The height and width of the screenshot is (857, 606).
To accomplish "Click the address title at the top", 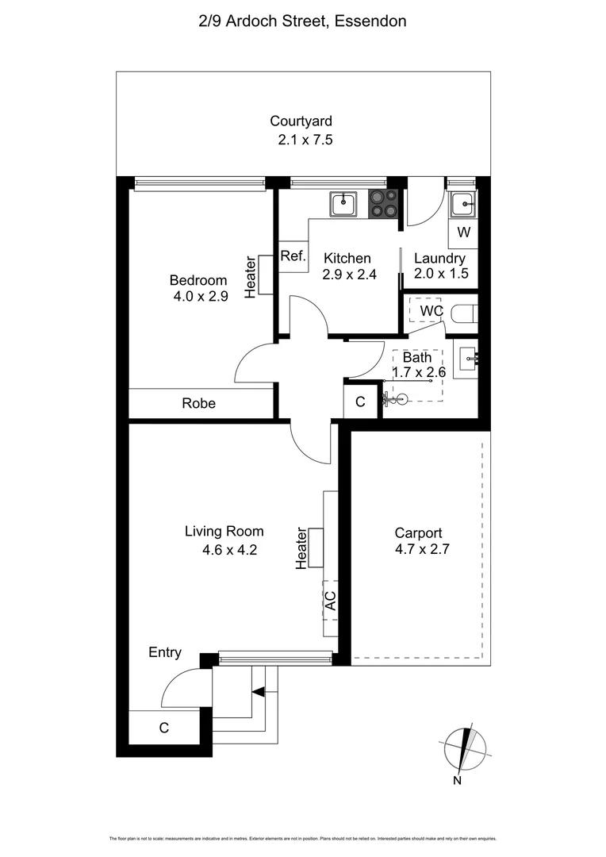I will (x=302, y=21).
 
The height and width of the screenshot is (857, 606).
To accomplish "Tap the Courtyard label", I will (x=301, y=121).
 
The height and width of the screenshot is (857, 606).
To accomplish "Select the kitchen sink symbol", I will (x=343, y=204).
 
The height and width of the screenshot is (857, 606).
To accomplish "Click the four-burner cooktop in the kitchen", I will (x=383, y=203).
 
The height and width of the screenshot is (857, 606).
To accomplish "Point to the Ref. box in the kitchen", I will (x=292, y=256).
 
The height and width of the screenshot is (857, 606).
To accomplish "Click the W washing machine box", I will (x=463, y=233).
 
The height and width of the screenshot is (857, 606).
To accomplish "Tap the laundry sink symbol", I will (x=462, y=205).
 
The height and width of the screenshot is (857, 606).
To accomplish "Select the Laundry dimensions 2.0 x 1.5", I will (x=441, y=273).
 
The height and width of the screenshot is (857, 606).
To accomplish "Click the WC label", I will (x=431, y=310).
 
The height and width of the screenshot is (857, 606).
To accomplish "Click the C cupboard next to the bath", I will (x=360, y=402).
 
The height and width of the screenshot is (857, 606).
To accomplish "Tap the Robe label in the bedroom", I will (x=198, y=403).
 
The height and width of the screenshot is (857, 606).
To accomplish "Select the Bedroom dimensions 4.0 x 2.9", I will (x=201, y=297).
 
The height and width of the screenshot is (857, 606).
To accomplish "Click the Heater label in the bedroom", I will (x=251, y=276).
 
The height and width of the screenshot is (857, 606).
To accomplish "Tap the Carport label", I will (x=418, y=533).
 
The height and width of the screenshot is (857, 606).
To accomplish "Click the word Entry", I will (x=165, y=653).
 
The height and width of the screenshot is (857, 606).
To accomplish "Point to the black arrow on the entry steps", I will (x=257, y=692).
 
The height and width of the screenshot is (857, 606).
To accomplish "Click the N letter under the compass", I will (x=458, y=781).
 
